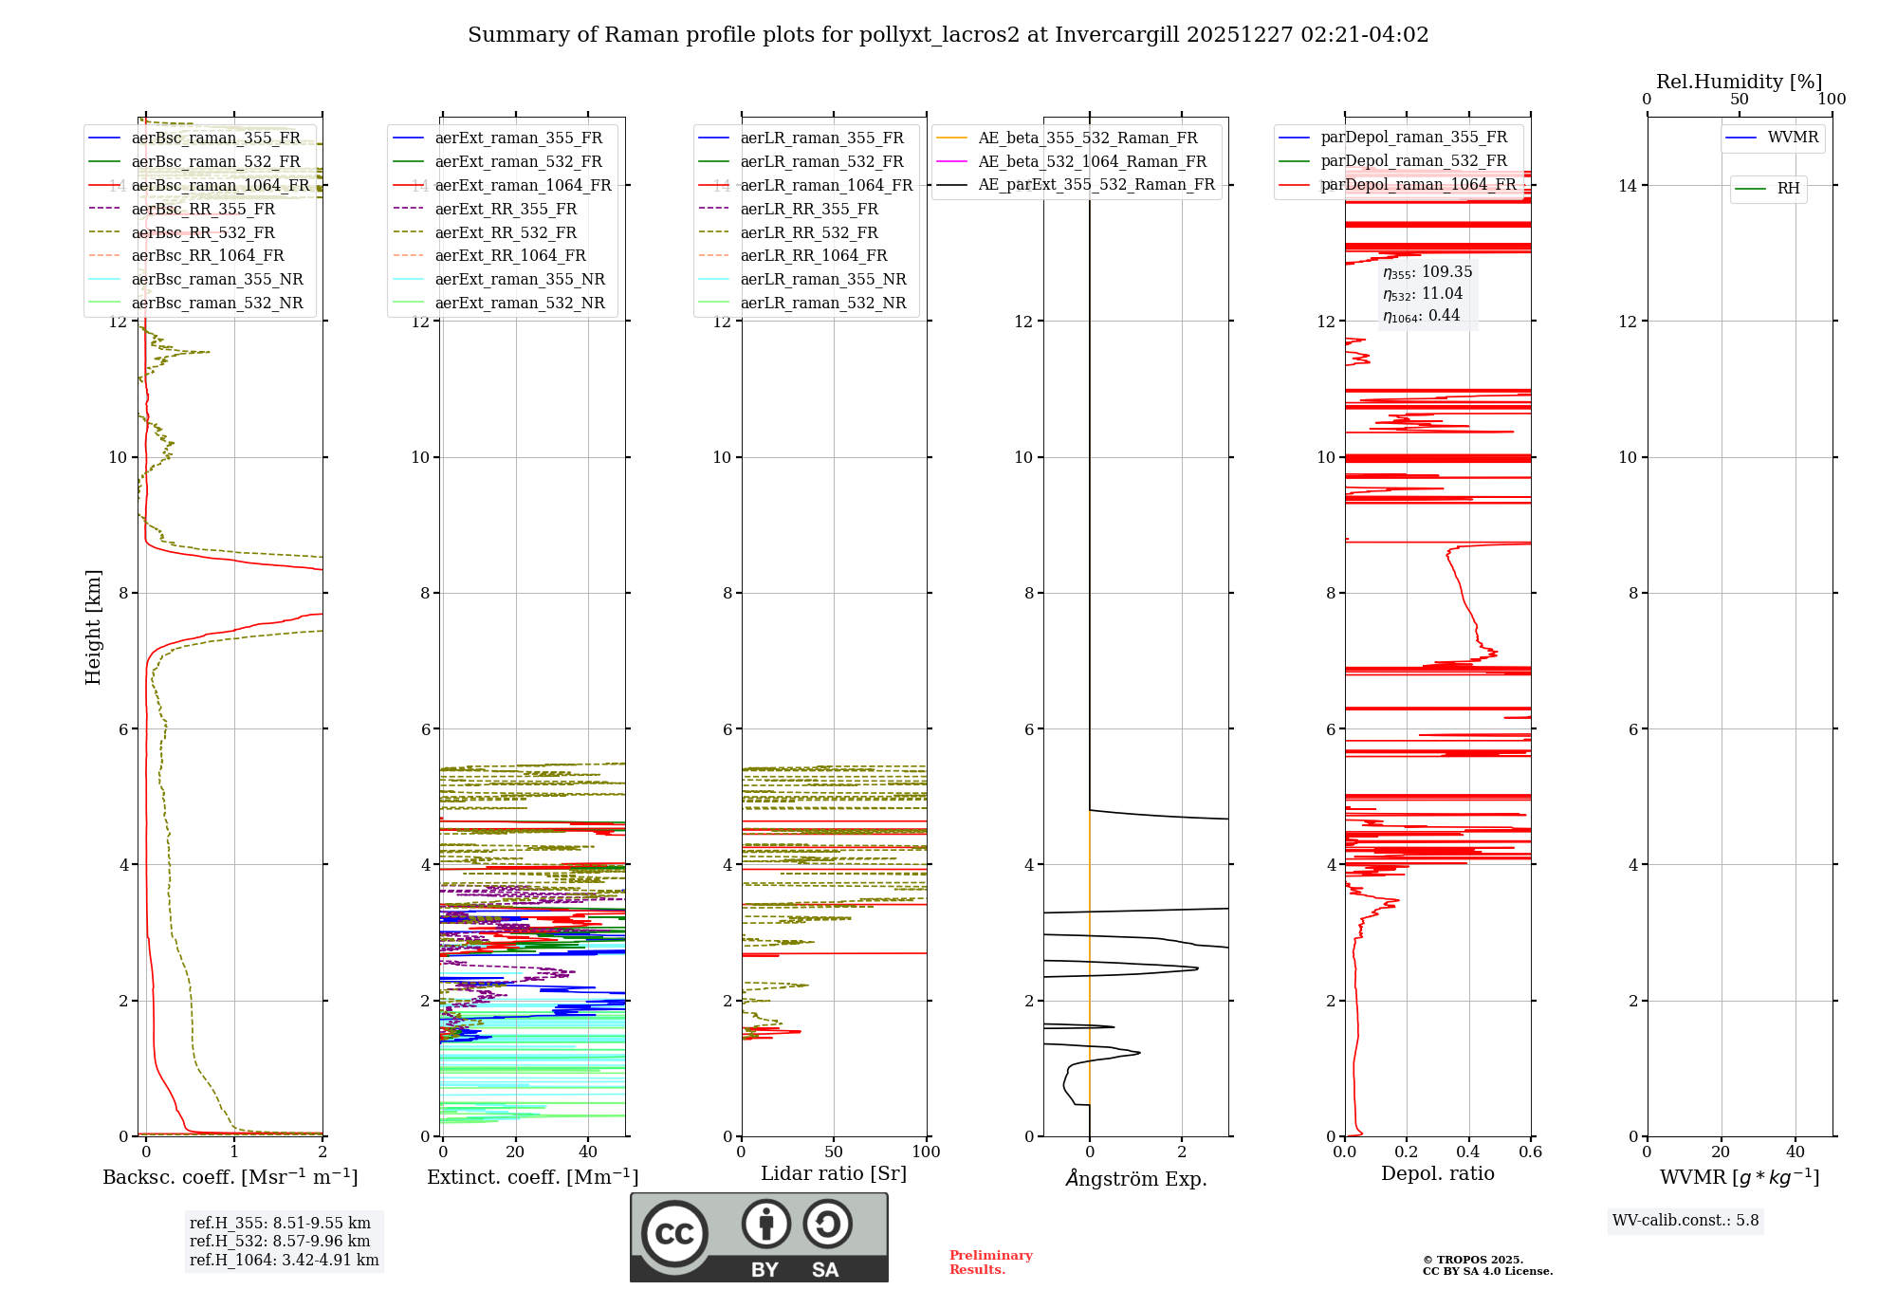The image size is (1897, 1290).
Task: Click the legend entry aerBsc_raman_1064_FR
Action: click(220, 186)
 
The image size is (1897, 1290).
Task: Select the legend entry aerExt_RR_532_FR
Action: click(506, 232)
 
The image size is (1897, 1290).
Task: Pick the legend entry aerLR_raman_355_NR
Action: click(822, 280)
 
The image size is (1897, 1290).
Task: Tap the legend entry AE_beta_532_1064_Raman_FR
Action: click(1092, 162)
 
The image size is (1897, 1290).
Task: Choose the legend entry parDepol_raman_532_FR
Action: click(1413, 161)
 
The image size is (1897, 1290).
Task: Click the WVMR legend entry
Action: click(1792, 138)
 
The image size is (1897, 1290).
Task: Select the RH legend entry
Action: click(1788, 189)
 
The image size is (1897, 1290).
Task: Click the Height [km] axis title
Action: click(93, 627)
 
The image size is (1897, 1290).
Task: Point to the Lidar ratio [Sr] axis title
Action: click(834, 1174)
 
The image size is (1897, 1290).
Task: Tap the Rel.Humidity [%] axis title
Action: click(1739, 83)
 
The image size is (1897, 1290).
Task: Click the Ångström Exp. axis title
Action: click(1135, 1179)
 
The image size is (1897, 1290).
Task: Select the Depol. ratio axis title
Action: click(1437, 1174)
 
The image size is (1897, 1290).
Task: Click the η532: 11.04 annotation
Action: click(1423, 294)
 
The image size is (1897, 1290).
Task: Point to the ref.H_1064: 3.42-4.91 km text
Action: click(284, 1261)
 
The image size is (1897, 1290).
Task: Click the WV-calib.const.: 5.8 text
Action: click(1685, 1221)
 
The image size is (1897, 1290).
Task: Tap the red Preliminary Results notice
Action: click(990, 1262)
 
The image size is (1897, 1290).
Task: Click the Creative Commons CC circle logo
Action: click(674, 1234)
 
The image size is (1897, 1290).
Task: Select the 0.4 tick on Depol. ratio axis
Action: click(1468, 1152)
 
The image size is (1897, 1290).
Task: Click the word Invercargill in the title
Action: click(1116, 35)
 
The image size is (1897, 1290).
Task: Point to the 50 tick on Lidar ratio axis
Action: click(834, 1152)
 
